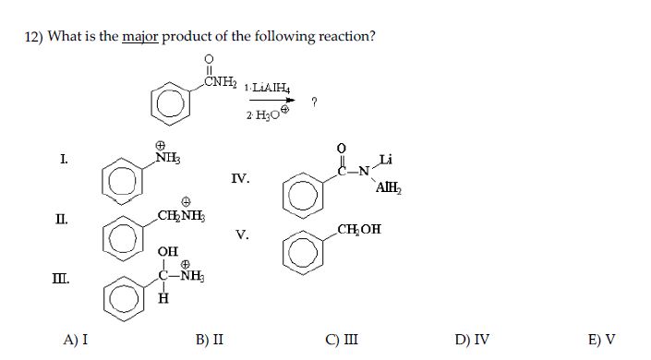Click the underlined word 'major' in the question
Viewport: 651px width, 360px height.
click(140, 37)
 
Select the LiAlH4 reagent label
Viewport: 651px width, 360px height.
click(269, 90)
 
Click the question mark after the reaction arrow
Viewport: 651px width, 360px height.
click(316, 102)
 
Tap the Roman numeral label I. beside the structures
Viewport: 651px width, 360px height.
click(63, 160)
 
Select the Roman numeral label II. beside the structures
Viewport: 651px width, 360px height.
click(61, 219)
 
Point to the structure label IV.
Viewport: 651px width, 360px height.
click(240, 179)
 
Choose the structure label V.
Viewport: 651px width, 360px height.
click(242, 234)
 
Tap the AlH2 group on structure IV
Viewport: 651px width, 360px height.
click(388, 188)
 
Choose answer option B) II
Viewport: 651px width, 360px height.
click(210, 339)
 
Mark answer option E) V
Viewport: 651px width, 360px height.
click(602, 339)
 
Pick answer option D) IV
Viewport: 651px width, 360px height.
click(473, 339)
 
